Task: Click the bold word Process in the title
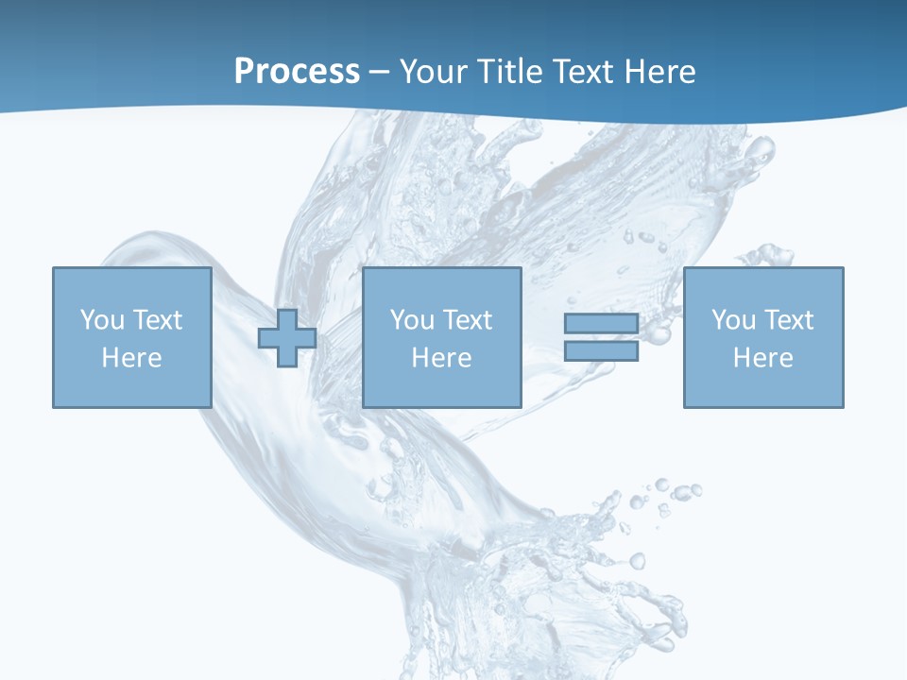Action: [297, 72]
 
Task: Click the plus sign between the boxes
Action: [287, 337]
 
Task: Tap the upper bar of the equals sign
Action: [601, 324]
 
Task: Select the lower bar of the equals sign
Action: [601, 350]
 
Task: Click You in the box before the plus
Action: [102, 320]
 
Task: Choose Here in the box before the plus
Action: [131, 358]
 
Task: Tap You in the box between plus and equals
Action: [412, 320]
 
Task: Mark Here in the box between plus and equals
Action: [441, 358]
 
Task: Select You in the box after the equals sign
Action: [733, 320]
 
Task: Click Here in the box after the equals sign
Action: [762, 358]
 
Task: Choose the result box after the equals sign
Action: [763, 387]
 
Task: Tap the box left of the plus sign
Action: [131, 387]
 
